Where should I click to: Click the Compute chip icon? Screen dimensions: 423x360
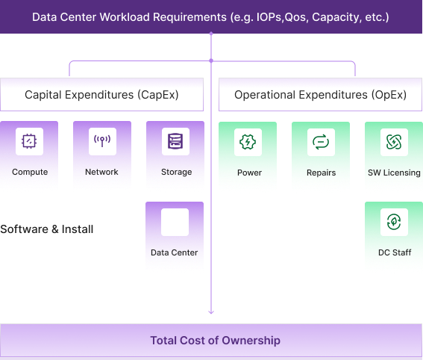pos(29,141)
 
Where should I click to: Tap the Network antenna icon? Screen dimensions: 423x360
pos(102,140)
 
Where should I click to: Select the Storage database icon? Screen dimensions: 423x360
pos(175,141)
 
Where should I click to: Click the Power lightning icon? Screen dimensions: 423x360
pos(248,142)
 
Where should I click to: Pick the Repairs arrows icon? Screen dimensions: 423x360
pos(321,142)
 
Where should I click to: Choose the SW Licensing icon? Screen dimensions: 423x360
pos(394,142)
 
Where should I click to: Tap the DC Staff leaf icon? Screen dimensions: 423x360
pos(394,222)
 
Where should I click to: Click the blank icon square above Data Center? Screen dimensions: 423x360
pos(175,222)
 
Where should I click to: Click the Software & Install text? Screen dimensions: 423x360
pos(47,229)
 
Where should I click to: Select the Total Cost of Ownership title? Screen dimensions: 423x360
pos(216,341)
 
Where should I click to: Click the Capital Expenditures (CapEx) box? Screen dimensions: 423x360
pos(101,95)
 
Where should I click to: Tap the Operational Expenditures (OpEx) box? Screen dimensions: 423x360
pos(320,95)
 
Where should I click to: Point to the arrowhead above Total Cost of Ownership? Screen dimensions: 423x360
pos(211,312)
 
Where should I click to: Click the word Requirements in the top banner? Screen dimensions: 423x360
pos(189,17)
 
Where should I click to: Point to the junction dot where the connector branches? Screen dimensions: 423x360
pos(211,60)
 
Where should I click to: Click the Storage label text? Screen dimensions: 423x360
pos(176,172)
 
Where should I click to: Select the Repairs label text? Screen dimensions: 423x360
pos(321,173)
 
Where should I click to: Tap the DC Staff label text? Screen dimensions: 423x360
pos(395,252)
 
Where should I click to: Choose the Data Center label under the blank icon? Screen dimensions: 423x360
pos(175,252)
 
